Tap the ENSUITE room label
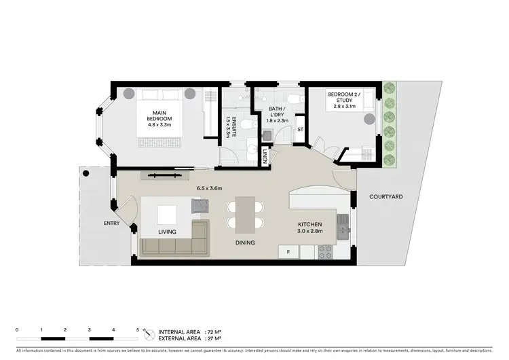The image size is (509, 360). pos(235,127)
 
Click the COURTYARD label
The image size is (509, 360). pos(386,197)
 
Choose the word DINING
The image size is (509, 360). pos(244,242)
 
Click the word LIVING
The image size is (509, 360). pos(168,232)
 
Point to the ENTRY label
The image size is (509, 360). pos(112,223)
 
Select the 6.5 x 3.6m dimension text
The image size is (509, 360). pos(210,188)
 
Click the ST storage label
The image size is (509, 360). pos(299,128)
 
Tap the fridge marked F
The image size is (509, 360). pos(288,253)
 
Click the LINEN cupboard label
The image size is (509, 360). pos(265,157)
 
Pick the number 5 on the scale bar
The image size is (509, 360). pos(137,329)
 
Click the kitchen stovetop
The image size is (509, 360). pos(325,251)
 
